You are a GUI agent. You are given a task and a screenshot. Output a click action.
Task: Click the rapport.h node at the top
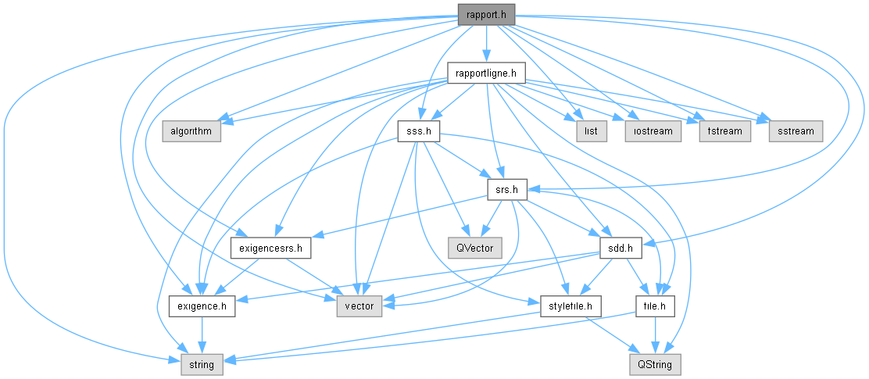(x=486, y=13)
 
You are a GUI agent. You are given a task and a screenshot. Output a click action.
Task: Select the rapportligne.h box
(x=486, y=73)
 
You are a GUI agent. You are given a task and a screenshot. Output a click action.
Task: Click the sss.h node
(x=419, y=131)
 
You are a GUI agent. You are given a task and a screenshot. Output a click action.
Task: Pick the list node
(x=592, y=131)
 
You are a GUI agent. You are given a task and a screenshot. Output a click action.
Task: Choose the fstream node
(x=724, y=131)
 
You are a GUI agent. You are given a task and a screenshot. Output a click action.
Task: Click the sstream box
(x=796, y=131)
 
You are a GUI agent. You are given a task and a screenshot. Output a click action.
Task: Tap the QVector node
(x=474, y=248)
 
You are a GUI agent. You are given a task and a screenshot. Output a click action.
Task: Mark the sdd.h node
(x=620, y=248)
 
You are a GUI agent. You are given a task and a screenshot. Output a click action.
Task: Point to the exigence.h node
(x=202, y=306)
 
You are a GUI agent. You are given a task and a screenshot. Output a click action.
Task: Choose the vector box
(x=359, y=306)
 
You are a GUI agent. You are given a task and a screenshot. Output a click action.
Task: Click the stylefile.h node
(x=570, y=306)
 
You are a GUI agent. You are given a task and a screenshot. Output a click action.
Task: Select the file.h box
(x=655, y=306)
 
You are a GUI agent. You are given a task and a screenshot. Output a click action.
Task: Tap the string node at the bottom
(x=202, y=363)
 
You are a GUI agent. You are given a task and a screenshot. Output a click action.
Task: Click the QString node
(x=655, y=363)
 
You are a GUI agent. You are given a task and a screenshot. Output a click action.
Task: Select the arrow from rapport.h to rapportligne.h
(x=486, y=43)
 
